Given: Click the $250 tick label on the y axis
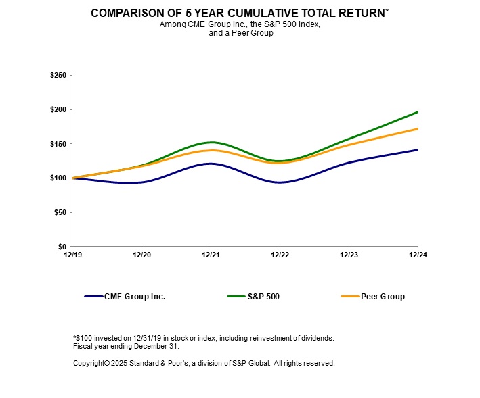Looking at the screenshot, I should [x=58, y=76].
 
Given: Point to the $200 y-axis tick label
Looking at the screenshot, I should [x=58, y=109].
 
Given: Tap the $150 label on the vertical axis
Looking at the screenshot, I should [x=58, y=144].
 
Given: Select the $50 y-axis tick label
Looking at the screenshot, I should [x=60, y=212].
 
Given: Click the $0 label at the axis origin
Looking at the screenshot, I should [x=62, y=247].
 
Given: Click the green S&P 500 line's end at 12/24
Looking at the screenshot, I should [x=418, y=111].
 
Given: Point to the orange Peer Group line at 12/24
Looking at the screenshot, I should [x=418, y=128].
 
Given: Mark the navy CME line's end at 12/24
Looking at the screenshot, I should [x=418, y=149].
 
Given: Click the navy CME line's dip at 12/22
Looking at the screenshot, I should [x=280, y=182].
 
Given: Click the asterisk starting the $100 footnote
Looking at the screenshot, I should [x=74, y=337].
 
